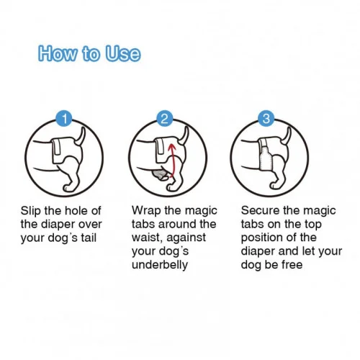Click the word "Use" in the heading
tap(122, 53)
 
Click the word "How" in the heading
tap(58, 53)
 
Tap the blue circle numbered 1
tap(64, 118)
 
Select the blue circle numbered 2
tap(165, 118)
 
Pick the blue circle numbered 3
tap(266, 118)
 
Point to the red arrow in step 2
tap(172, 161)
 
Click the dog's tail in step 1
tap(81, 136)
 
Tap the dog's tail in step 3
tap(287, 136)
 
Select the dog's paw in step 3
tap(275, 185)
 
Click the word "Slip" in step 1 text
tap(30, 211)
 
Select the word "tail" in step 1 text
tap(89, 238)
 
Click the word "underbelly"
tap(160, 265)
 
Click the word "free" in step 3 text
tap(292, 265)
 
